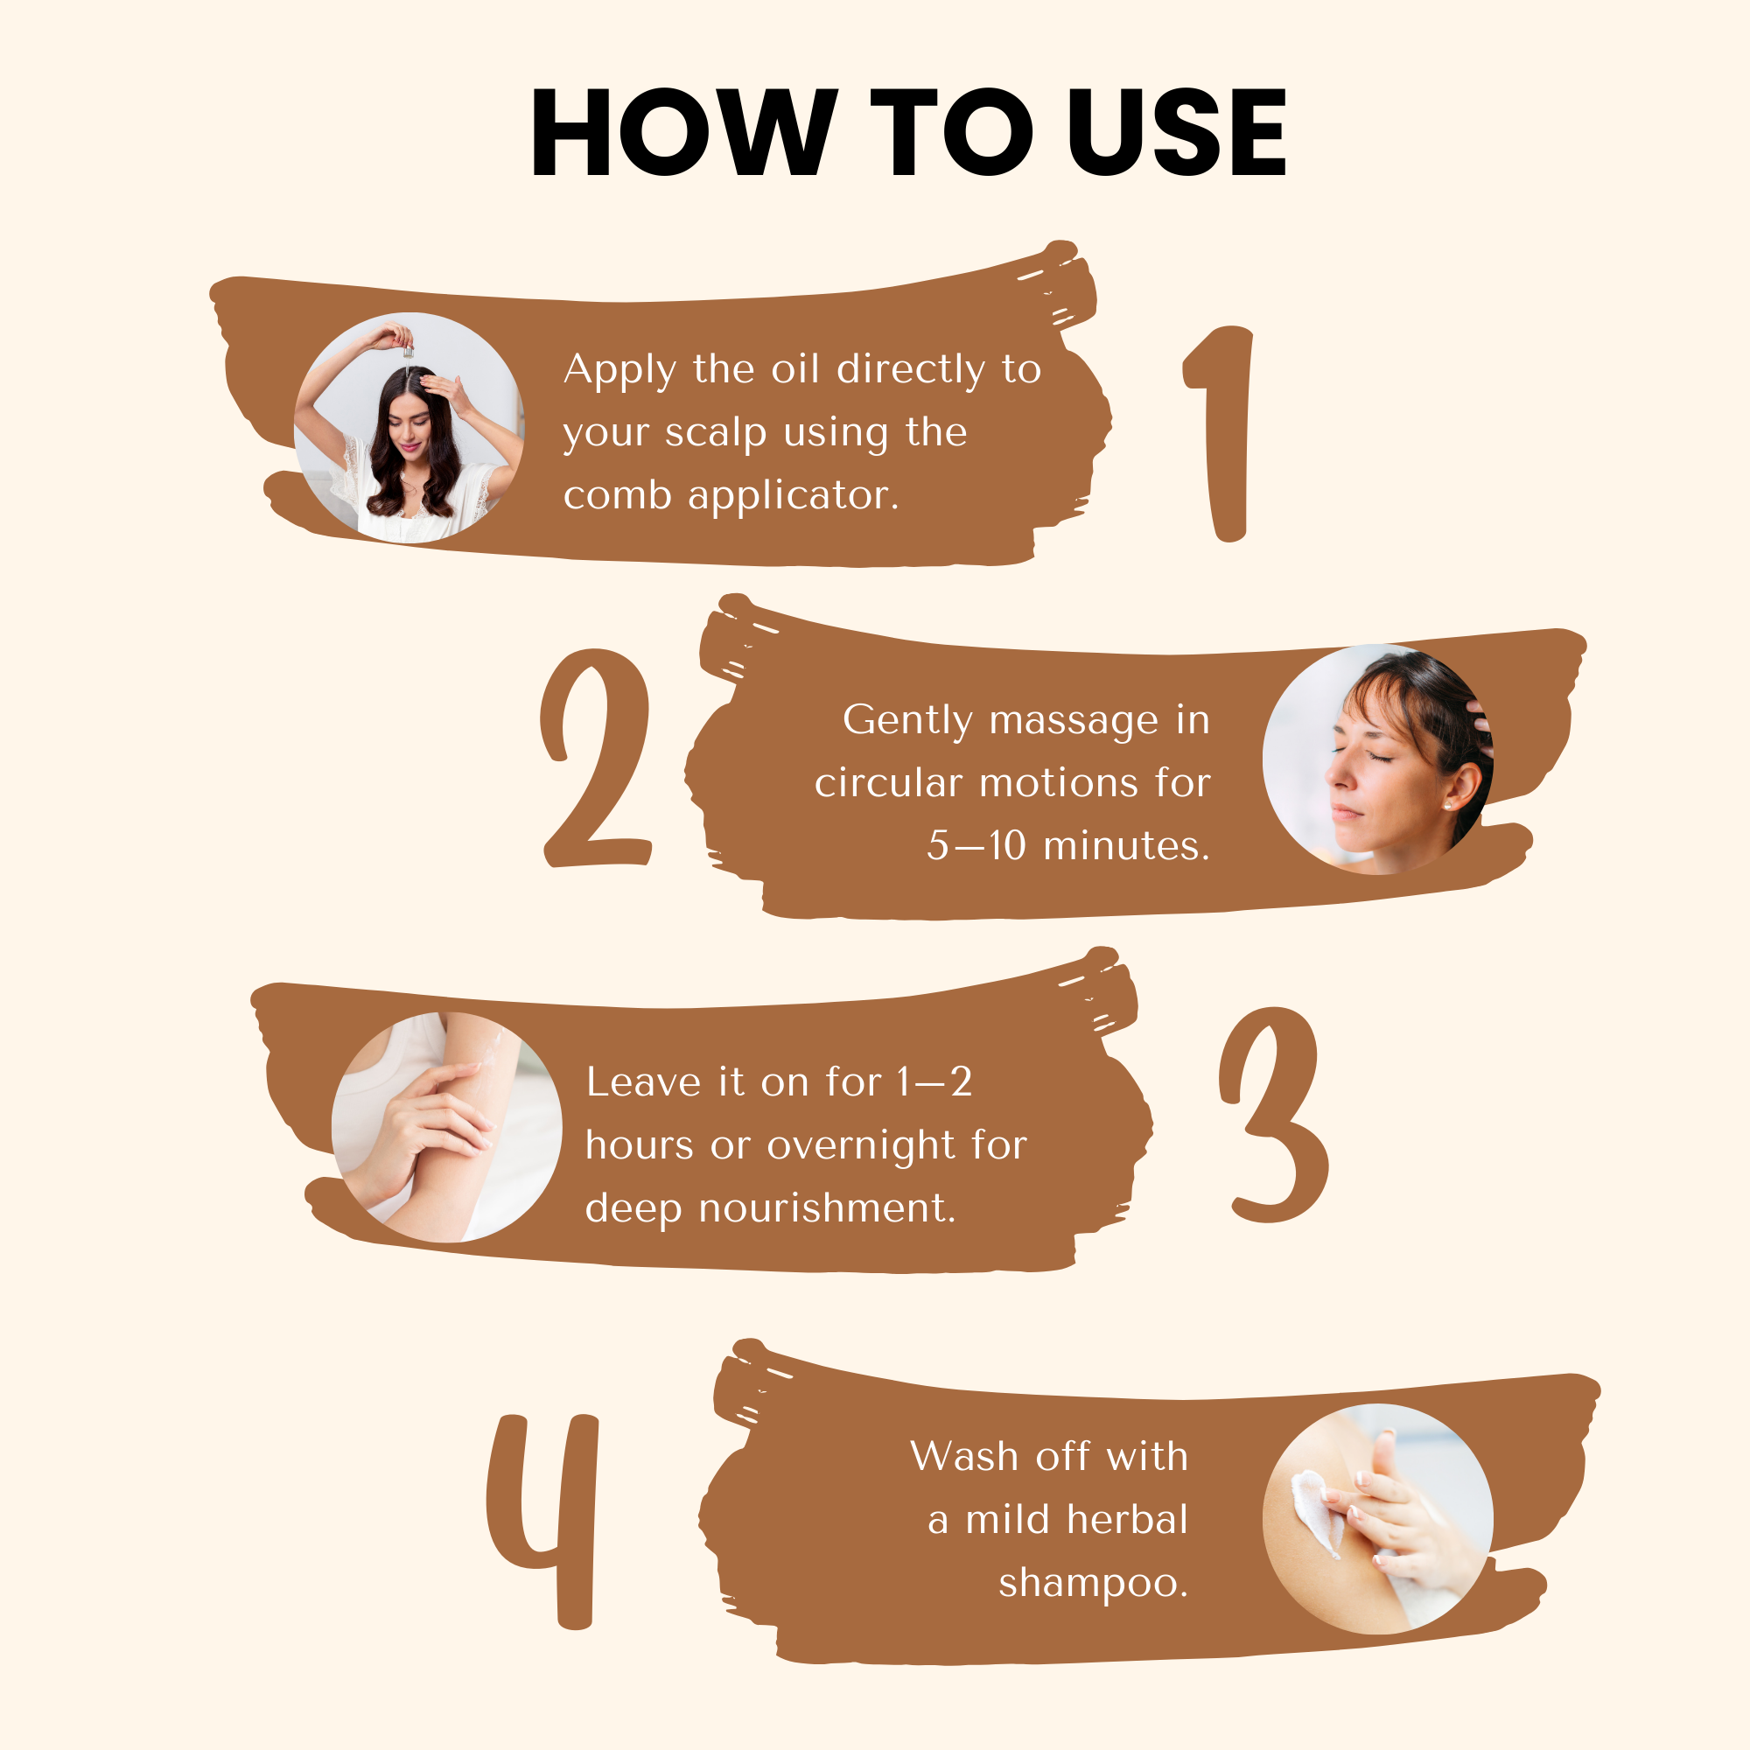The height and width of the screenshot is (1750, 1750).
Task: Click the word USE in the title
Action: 1177,132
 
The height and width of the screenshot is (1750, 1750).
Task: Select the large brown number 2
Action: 596,758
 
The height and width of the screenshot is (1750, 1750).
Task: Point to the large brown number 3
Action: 1273,1114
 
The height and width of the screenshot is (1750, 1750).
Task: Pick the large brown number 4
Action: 543,1522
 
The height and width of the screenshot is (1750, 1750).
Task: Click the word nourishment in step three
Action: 828,1208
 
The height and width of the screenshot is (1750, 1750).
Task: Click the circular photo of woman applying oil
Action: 409,428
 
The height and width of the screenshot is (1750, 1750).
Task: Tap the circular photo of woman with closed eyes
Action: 1378,759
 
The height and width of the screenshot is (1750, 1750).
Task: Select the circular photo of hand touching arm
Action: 446,1127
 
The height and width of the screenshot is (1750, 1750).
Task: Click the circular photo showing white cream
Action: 1378,1519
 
